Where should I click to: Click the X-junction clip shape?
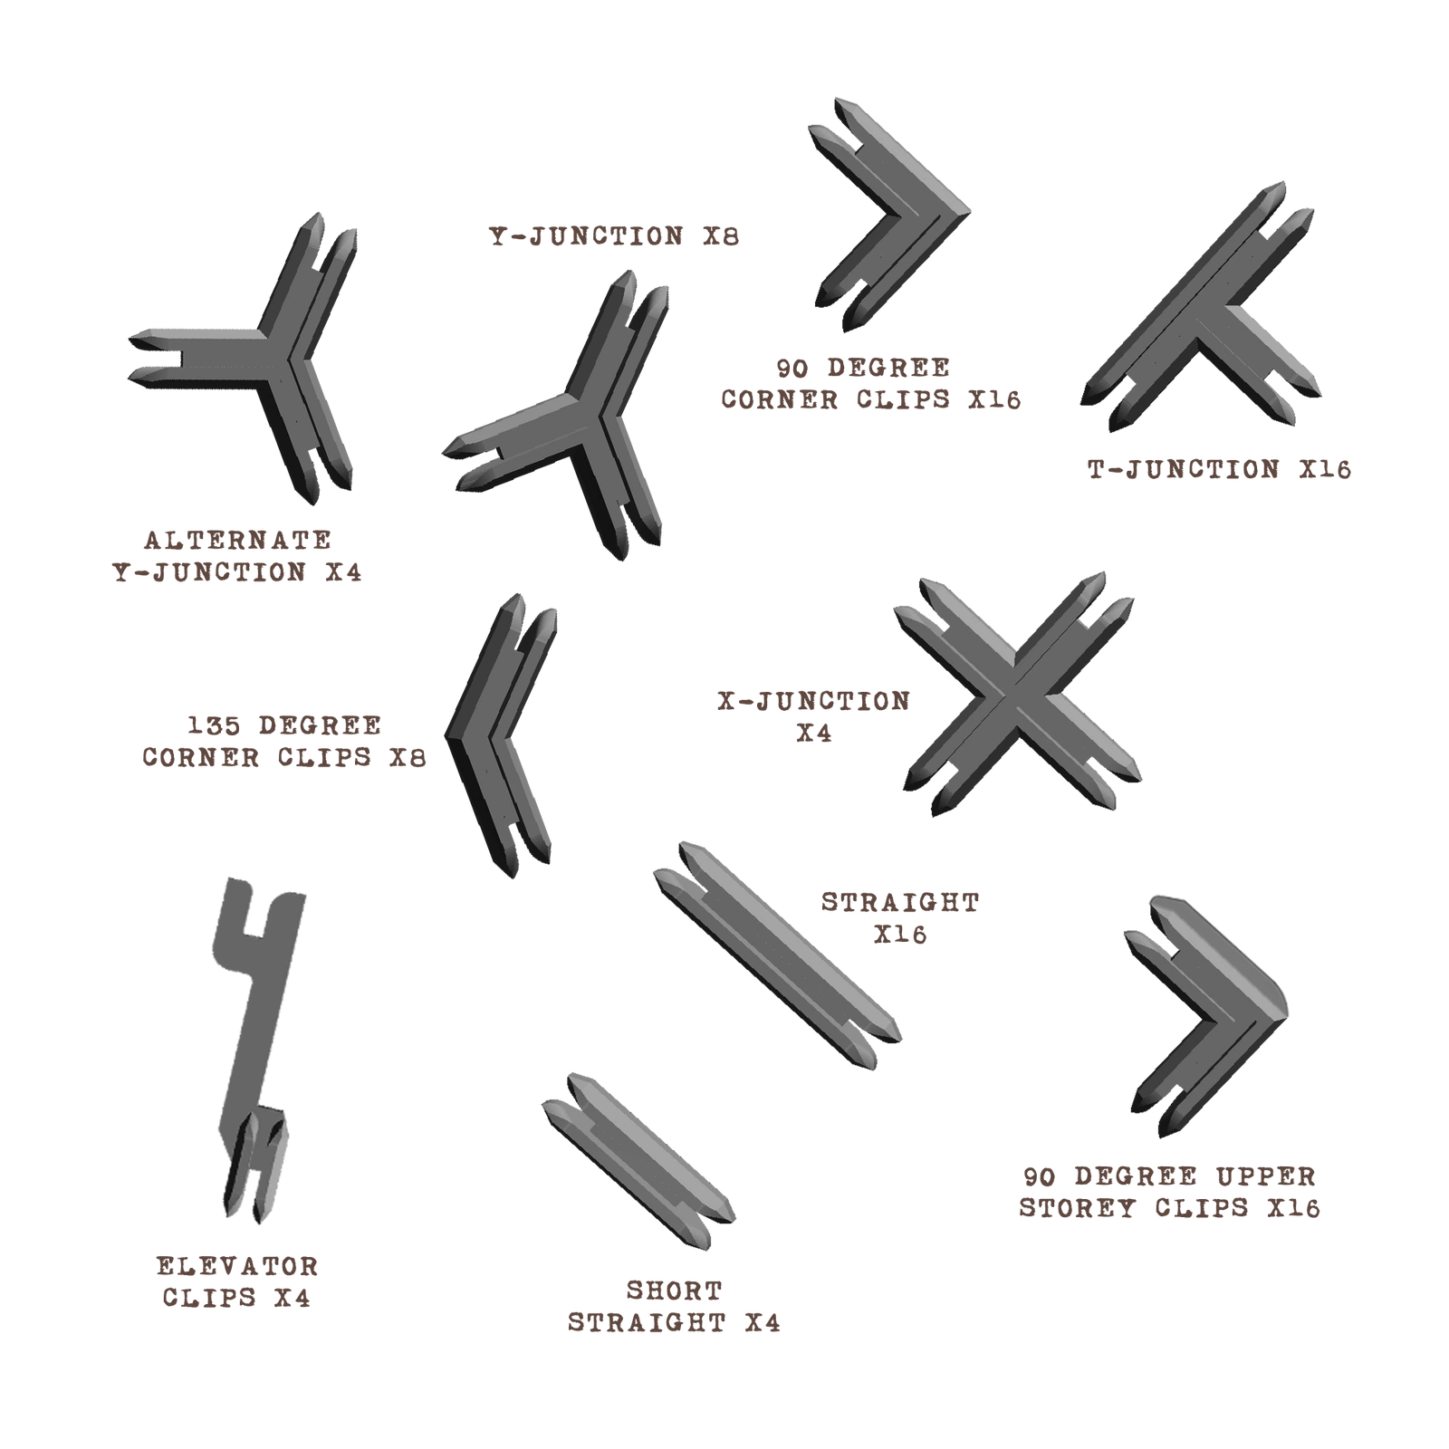[1017, 696]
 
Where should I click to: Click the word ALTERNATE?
[238, 540]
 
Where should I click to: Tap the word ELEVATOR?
[237, 1266]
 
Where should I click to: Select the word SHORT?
[675, 1291]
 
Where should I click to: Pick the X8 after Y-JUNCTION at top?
[721, 236]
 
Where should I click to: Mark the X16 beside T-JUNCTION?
[1325, 469]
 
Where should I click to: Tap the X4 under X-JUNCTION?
[814, 733]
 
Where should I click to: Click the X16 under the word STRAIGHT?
[900, 934]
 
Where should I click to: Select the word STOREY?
[1078, 1208]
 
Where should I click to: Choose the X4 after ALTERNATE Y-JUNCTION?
[343, 572]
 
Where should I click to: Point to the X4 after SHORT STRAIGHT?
[763, 1323]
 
